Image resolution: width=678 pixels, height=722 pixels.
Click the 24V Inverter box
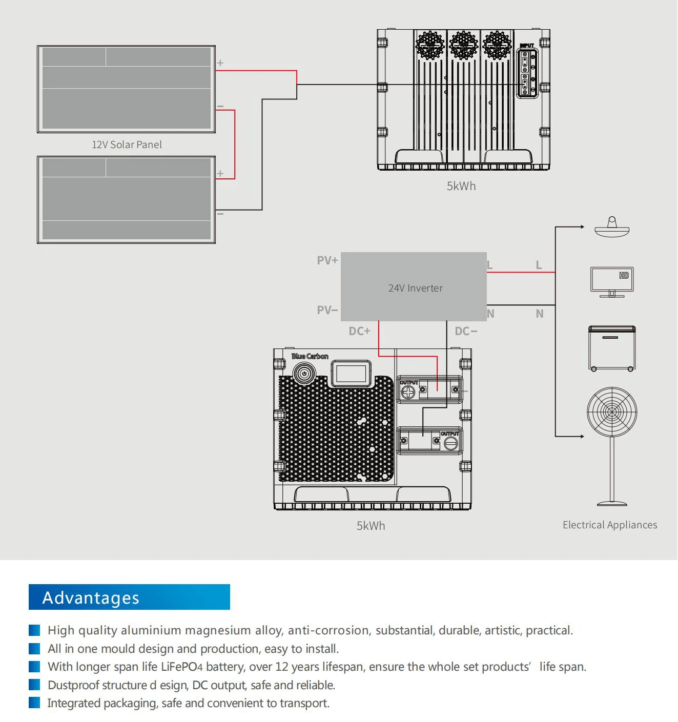pyautogui.click(x=414, y=287)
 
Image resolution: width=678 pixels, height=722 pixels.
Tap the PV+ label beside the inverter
pyautogui.click(x=327, y=260)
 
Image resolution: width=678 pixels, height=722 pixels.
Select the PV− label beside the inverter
pyautogui.click(x=327, y=310)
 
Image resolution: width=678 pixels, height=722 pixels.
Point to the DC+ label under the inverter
pyautogui.click(x=359, y=331)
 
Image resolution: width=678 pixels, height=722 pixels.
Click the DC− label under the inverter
pyautogui.click(x=466, y=331)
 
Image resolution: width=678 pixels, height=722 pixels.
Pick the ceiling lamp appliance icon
pyautogui.click(x=612, y=228)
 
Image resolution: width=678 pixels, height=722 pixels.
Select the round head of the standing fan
pyautogui.click(x=612, y=411)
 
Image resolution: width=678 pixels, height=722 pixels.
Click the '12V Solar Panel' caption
pyautogui.click(x=127, y=145)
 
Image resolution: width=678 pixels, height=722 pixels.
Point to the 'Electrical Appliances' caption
pyautogui.click(x=610, y=525)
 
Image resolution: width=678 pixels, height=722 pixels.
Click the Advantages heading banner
pyautogui.click(x=129, y=597)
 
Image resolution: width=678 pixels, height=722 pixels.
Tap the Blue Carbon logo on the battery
pyautogui.click(x=310, y=356)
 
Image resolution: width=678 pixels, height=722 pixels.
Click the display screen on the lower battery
pyautogui.click(x=351, y=373)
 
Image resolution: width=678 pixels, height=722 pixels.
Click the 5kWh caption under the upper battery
pyautogui.click(x=461, y=186)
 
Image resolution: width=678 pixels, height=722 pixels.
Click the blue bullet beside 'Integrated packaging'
pyautogui.click(x=34, y=703)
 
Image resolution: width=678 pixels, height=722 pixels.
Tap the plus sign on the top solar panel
pyautogui.click(x=220, y=63)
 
